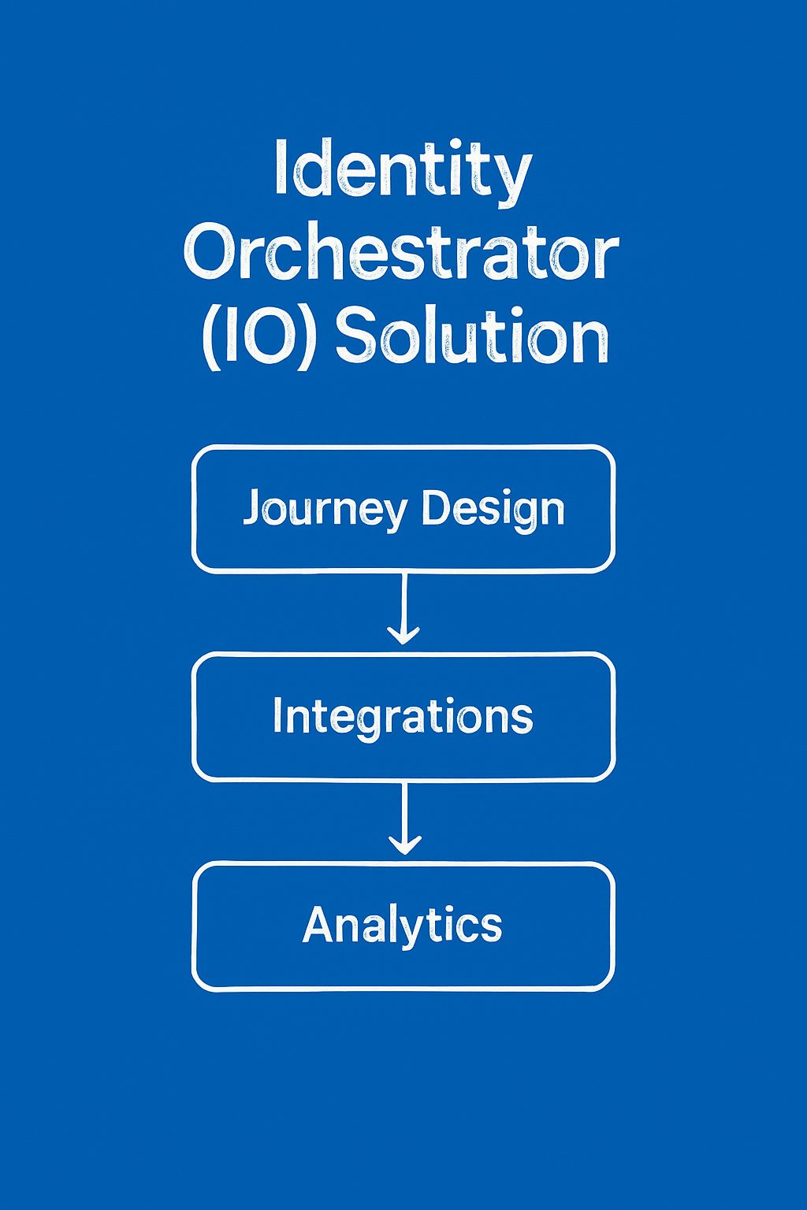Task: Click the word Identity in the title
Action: click(403, 173)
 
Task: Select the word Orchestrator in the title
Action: click(401, 252)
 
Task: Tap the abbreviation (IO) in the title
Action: click(259, 338)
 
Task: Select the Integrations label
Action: click(403, 718)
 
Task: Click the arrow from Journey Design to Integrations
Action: click(403, 608)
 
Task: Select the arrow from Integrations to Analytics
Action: click(404, 818)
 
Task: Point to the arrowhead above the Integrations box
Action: click(403, 635)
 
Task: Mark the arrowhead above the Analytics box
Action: click(405, 845)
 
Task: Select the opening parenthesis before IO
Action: click(212, 339)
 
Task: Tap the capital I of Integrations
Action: click(278, 714)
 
